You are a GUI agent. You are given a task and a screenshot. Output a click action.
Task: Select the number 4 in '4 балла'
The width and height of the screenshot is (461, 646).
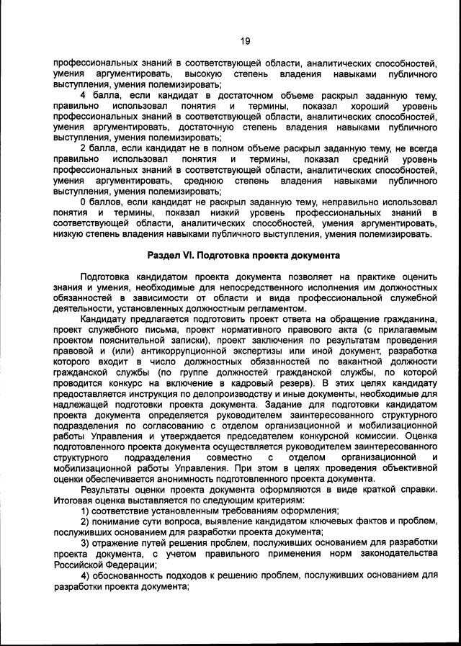pyautogui.click(x=84, y=96)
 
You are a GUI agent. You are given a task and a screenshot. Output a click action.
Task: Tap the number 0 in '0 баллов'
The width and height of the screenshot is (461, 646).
pyautogui.click(x=84, y=202)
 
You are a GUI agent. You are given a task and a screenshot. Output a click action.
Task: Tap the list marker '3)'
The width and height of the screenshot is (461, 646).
pyautogui.click(x=85, y=542)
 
